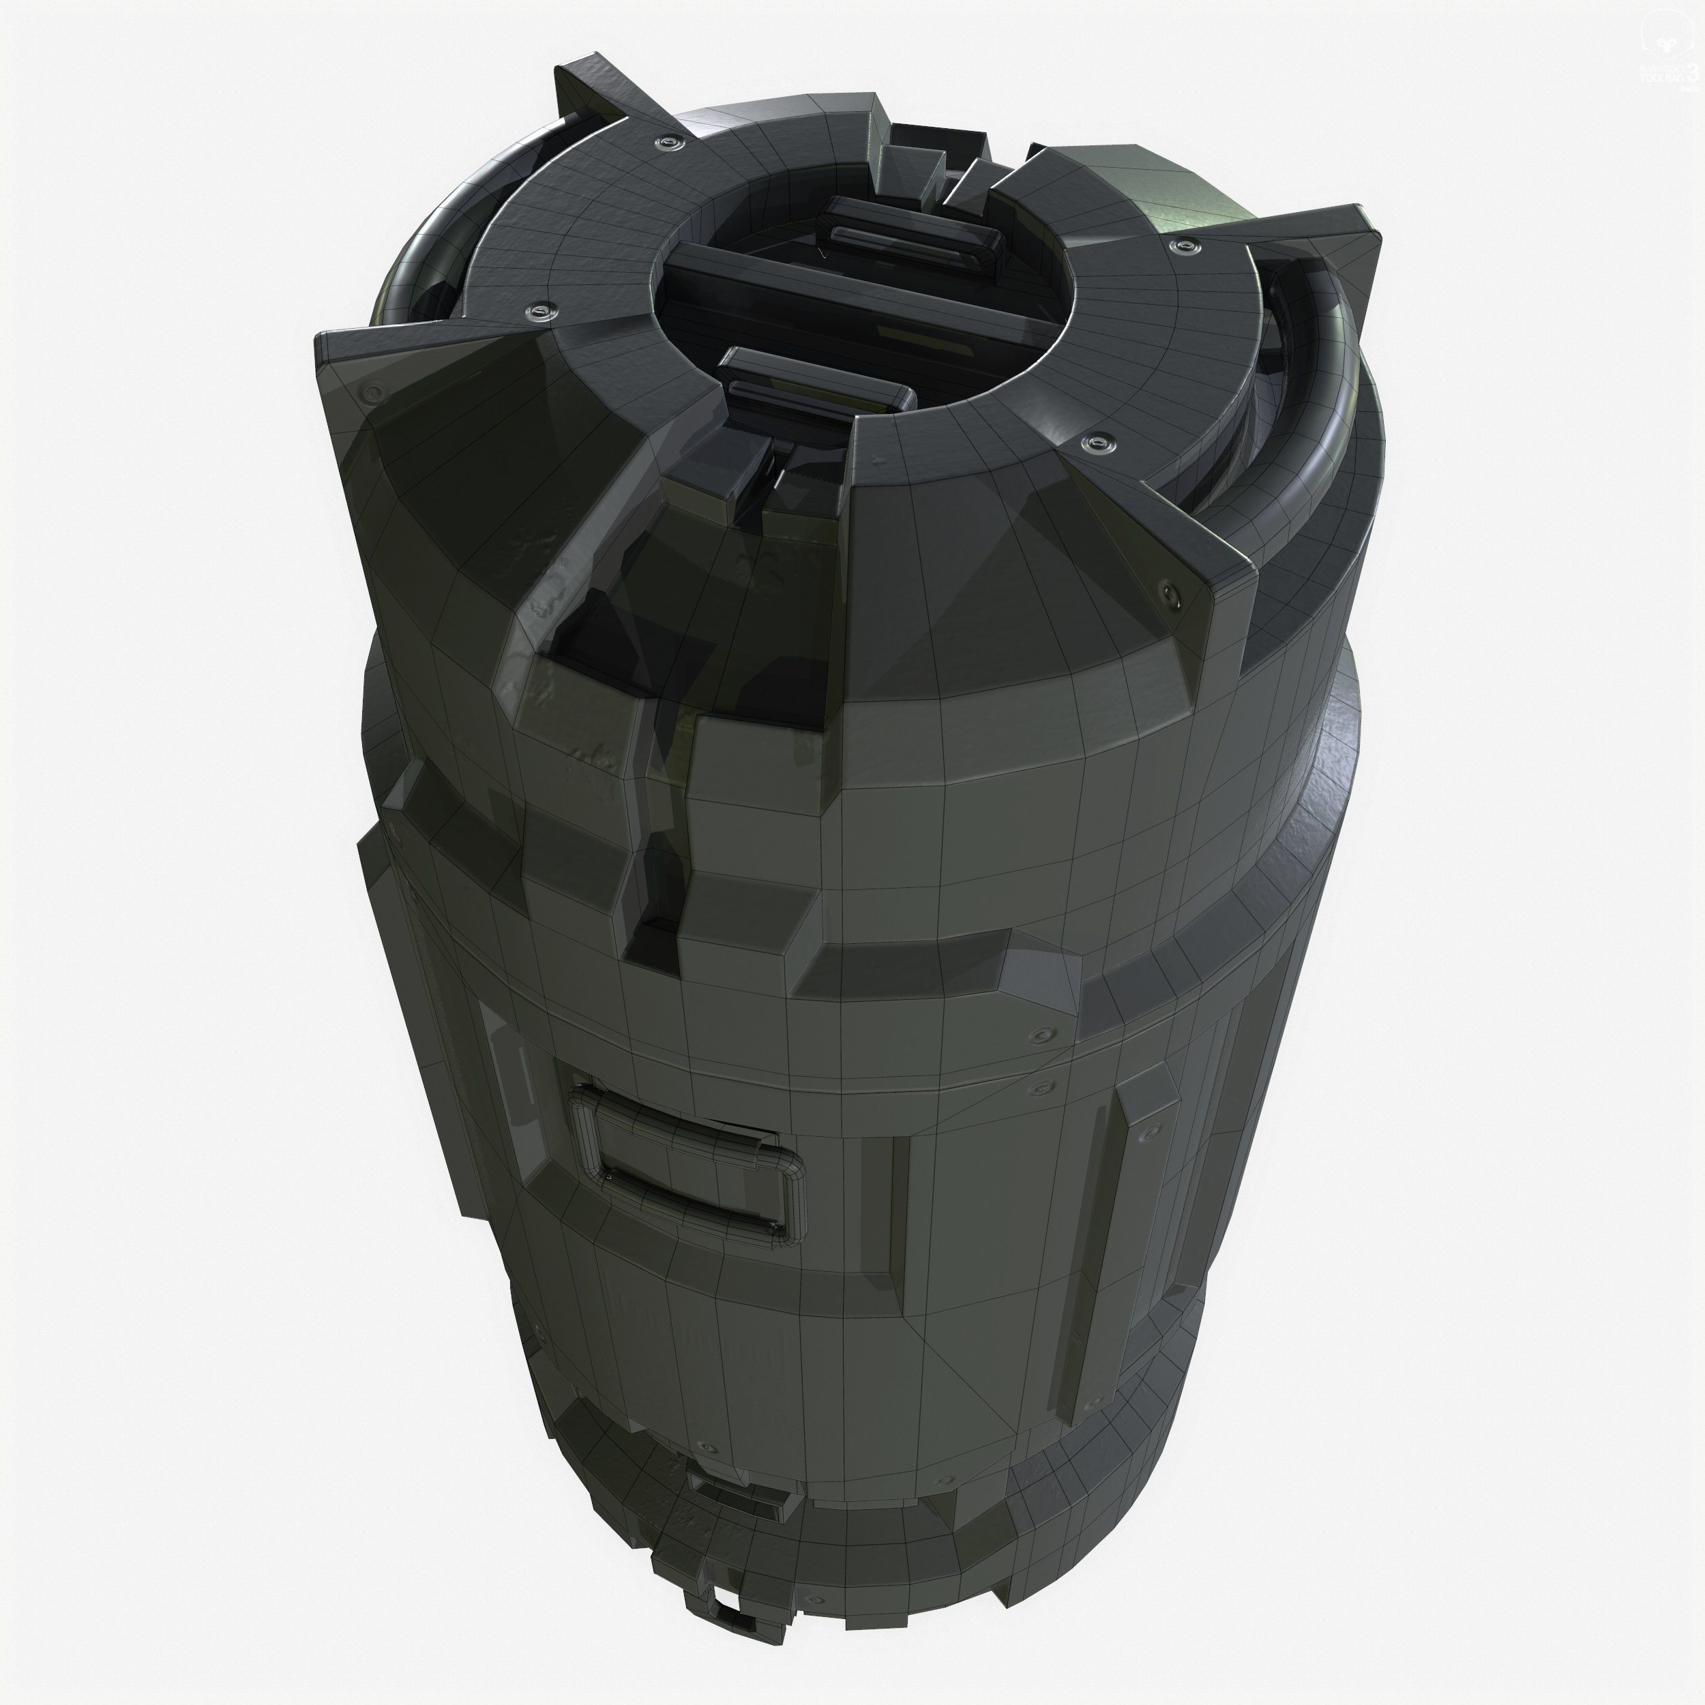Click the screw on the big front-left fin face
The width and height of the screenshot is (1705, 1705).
(374, 391)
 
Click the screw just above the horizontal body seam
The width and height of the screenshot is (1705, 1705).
(1047, 1033)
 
